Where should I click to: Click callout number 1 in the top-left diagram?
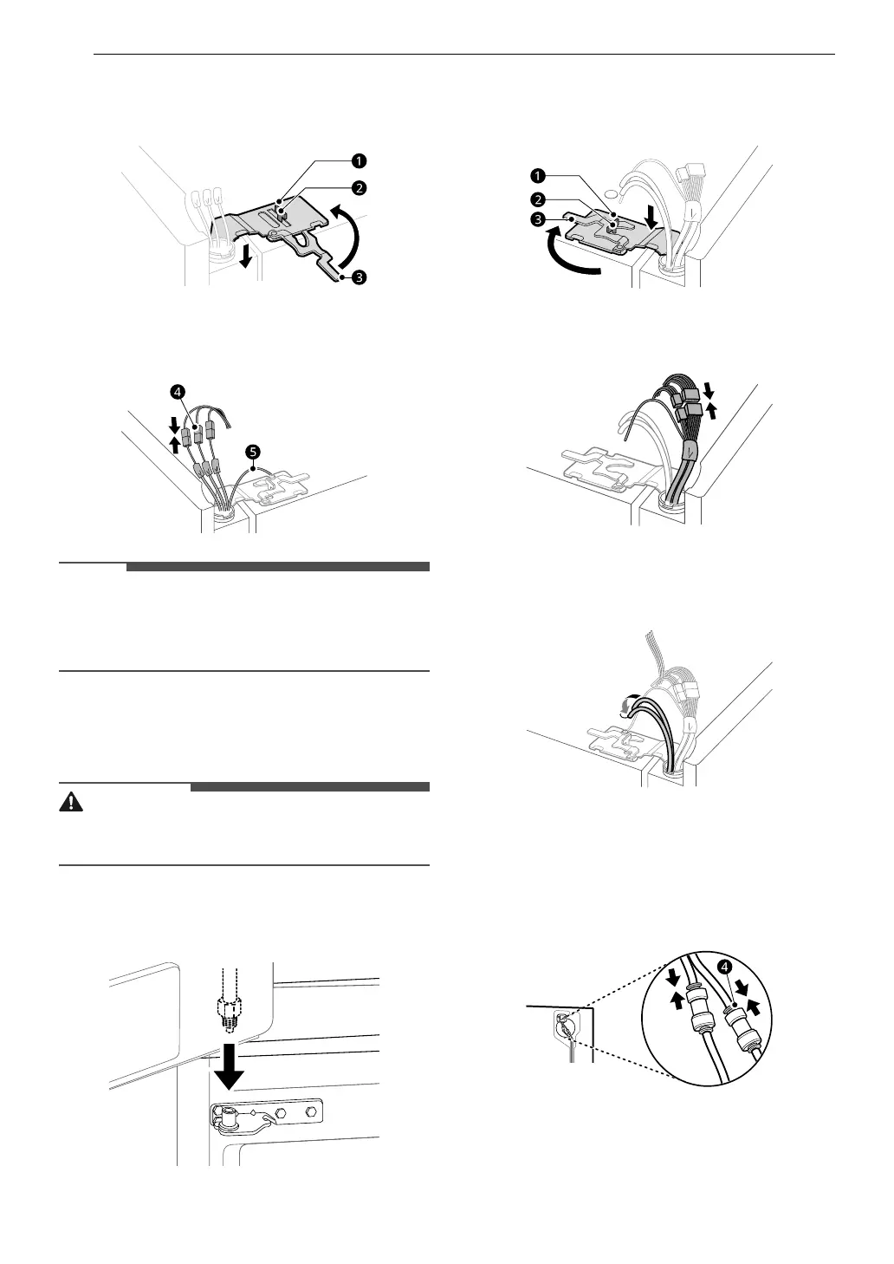click(x=357, y=160)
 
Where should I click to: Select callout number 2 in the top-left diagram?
click(x=357, y=186)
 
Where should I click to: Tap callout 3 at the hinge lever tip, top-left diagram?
click(x=357, y=277)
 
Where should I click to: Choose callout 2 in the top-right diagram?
click(x=537, y=201)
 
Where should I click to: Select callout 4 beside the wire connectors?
click(x=177, y=392)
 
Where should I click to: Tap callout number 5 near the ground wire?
click(x=253, y=452)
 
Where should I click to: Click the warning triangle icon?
click(x=71, y=802)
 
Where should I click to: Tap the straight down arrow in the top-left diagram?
click(x=247, y=257)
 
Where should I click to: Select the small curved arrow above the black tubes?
click(x=626, y=708)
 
